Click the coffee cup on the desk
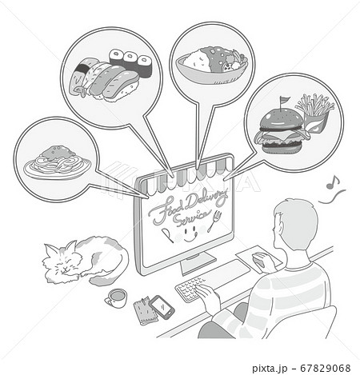click(116, 298)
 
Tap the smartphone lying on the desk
click(162, 307)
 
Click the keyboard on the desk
click(190, 289)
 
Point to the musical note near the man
click(333, 182)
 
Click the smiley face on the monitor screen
click(190, 233)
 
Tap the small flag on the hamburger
click(283, 102)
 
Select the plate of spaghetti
click(57, 162)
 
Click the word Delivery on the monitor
click(206, 200)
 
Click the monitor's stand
click(198, 263)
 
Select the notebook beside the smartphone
click(146, 310)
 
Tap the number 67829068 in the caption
click(325, 369)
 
